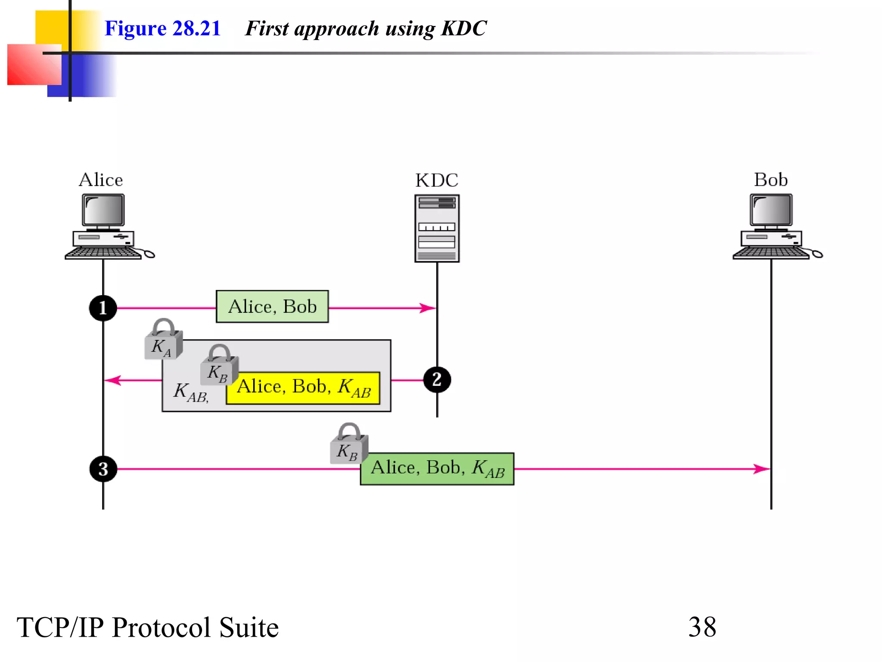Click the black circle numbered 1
pyautogui.click(x=103, y=308)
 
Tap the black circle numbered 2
pyautogui.click(x=437, y=380)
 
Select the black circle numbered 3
pyautogui.click(x=103, y=469)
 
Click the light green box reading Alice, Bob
pyautogui.click(x=272, y=307)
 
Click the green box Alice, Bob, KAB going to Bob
pyautogui.click(x=437, y=468)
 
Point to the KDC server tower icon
pyautogui.click(x=437, y=228)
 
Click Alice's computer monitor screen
pyautogui.click(x=103, y=209)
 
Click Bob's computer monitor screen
pyautogui.click(x=771, y=209)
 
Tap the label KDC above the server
pyautogui.click(x=437, y=180)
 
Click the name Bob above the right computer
pyautogui.click(x=770, y=180)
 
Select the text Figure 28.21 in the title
pyautogui.click(x=162, y=28)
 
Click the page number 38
pyautogui.click(x=702, y=627)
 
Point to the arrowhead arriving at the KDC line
pyautogui.click(x=429, y=308)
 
